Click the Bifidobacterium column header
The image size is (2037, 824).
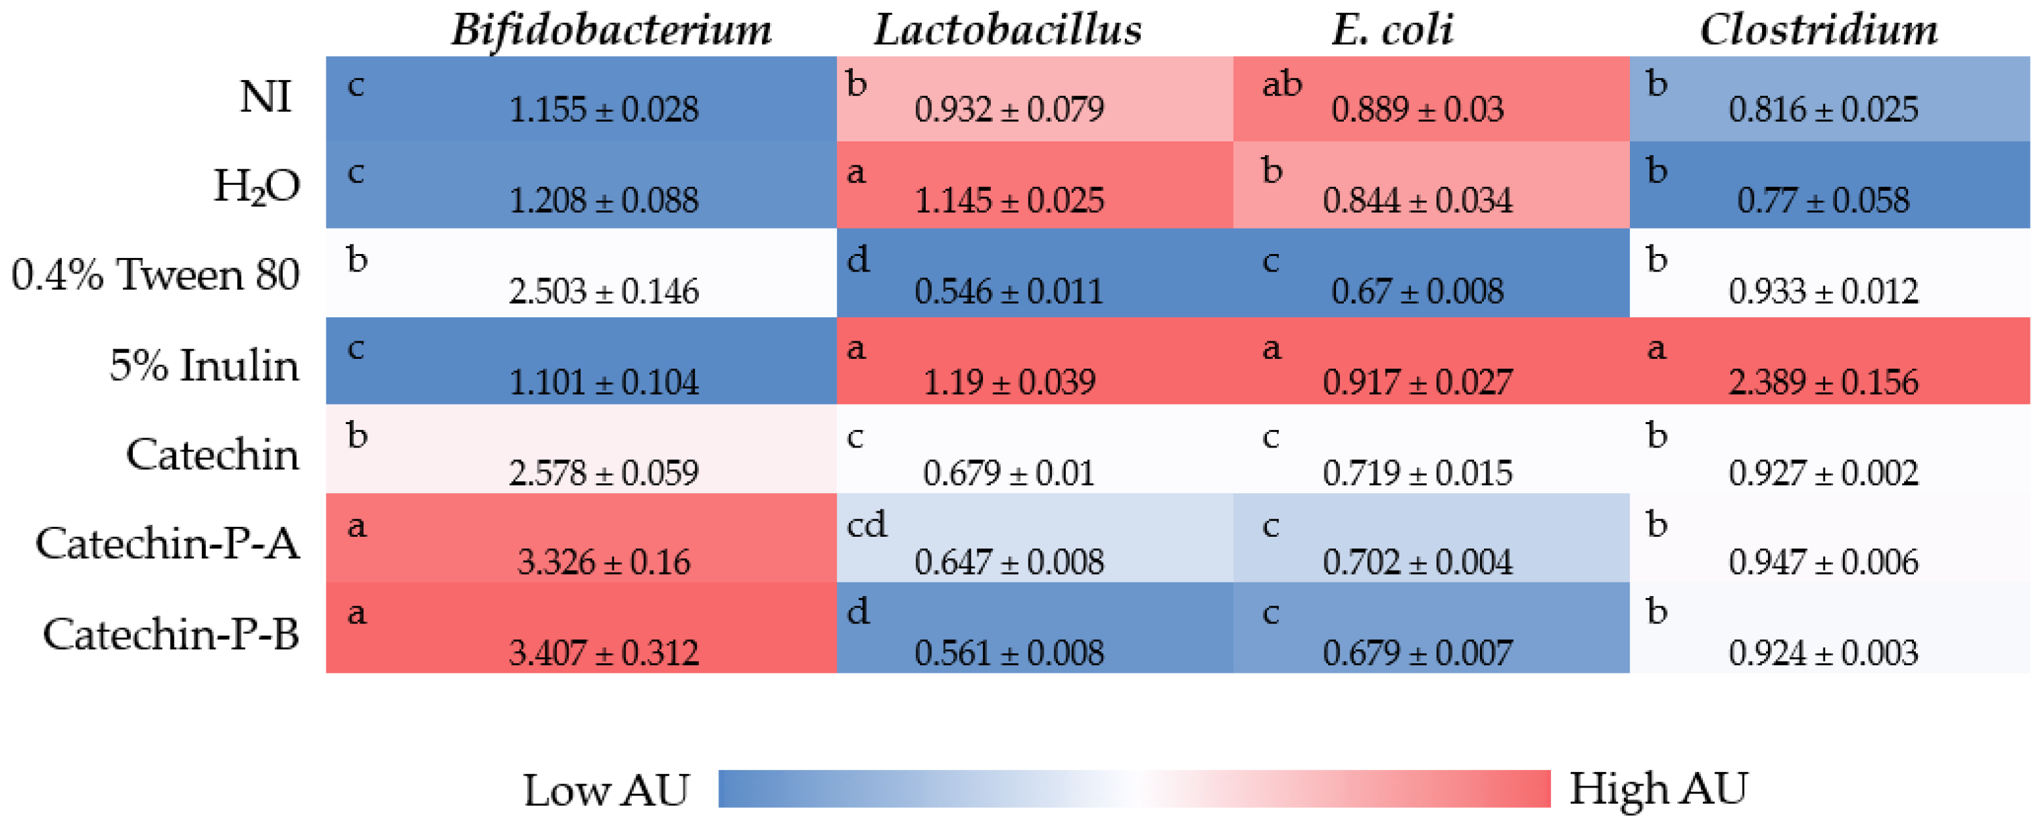pyautogui.click(x=610, y=30)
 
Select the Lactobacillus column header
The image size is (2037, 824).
pyautogui.click(x=1008, y=30)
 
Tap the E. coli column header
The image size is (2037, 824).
pyautogui.click(x=1391, y=30)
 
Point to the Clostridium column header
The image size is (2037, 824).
pyautogui.click(x=1819, y=30)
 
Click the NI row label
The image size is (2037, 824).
pyautogui.click(x=266, y=98)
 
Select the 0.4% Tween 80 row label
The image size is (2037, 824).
pyautogui.click(x=156, y=275)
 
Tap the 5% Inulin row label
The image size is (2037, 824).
pyautogui.click(x=204, y=365)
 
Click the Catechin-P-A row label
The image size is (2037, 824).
pyautogui.click(x=167, y=544)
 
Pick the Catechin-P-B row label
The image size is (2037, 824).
pyautogui.click(x=171, y=634)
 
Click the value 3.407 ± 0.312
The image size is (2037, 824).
pyautogui.click(x=603, y=653)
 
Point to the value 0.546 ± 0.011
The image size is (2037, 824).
pyautogui.click(x=1008, y=292)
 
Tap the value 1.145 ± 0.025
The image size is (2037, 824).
pyautogui.click(x=1008, y=201)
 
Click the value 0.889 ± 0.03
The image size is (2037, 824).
pyautogui.click(x=1417, y=110)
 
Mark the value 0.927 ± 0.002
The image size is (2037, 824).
pyautogui.click(x=1823, y=474)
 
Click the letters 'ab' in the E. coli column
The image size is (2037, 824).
pyautogui.click(x=1281, y=84)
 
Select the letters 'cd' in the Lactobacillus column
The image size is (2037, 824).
pyautogui.click(x=866, y=524)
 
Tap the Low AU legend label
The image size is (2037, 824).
pyautogui.click(x=606, y=790)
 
